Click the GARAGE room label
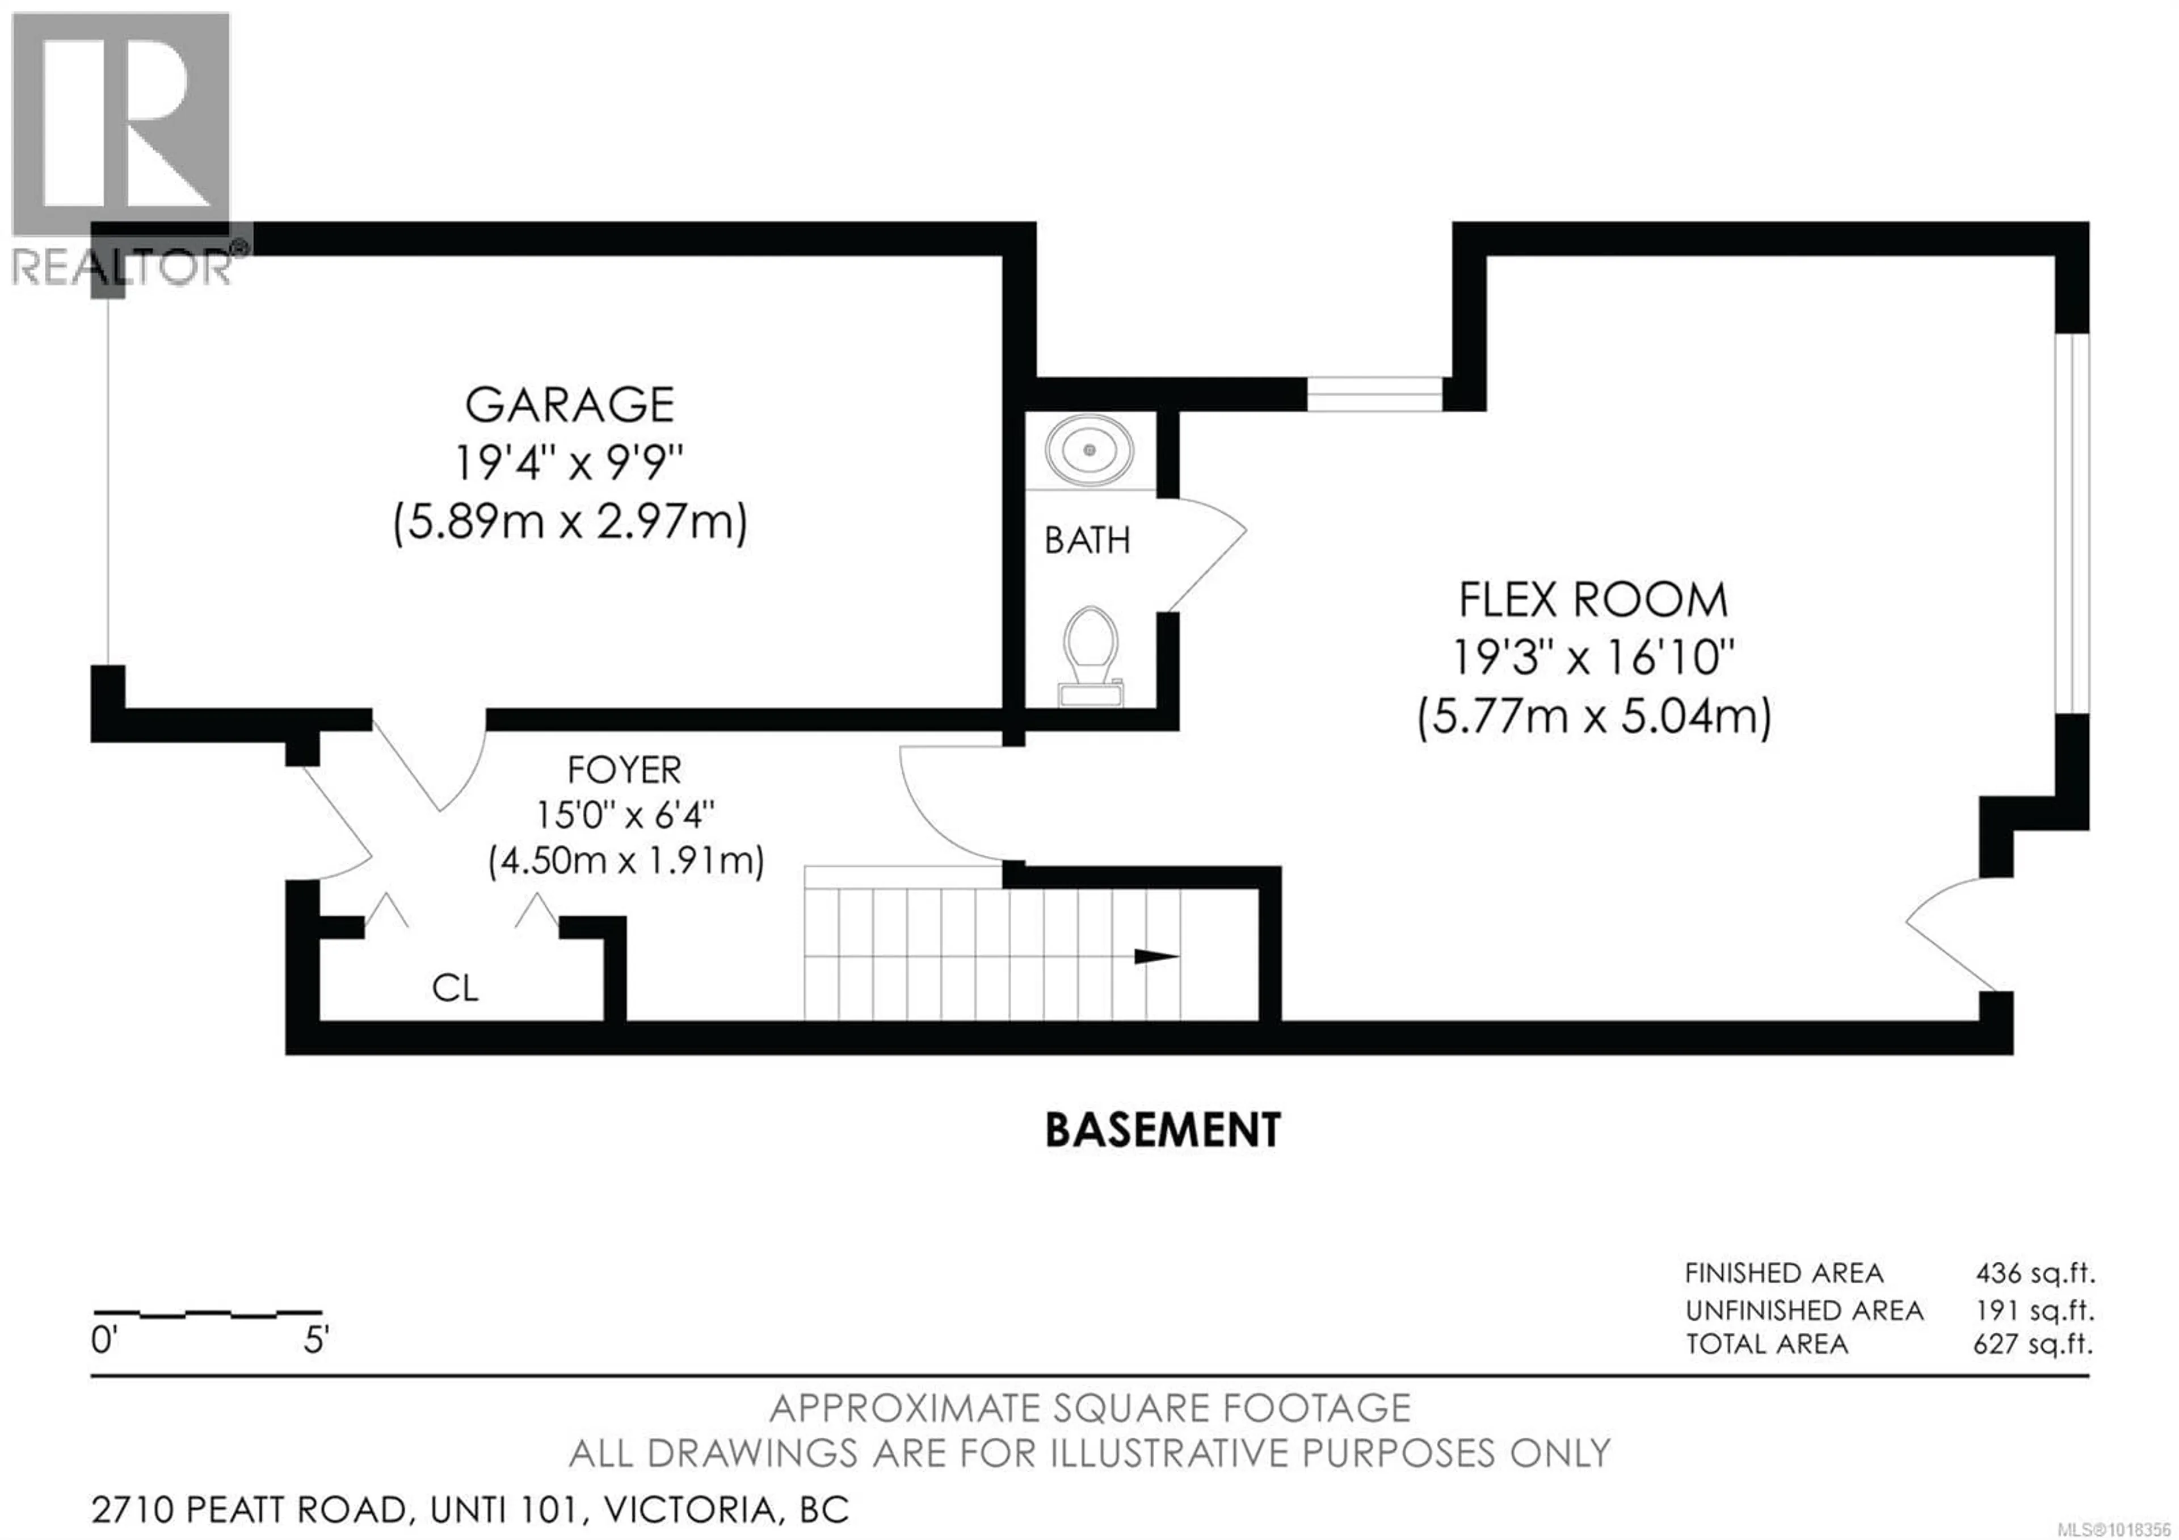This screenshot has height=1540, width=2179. point(569,405)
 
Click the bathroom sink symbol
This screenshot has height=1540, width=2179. point(1089,450)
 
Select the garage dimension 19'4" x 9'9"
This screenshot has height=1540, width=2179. point(569,464)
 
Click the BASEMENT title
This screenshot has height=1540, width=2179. point(1163,1131)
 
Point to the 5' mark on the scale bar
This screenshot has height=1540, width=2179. point(316,1341)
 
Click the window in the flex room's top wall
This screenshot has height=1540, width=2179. point(1374,394)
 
